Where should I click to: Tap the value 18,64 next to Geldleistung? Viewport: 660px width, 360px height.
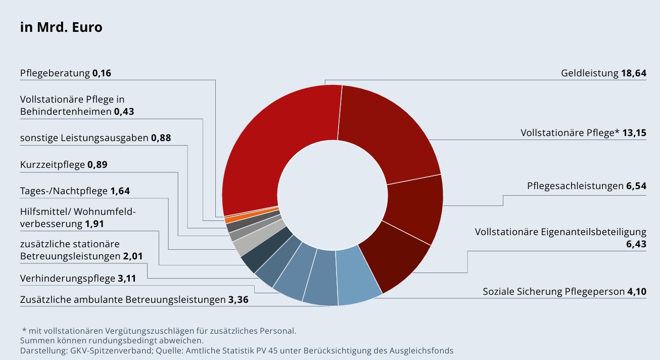634,73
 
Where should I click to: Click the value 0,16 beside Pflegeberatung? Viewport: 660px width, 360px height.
102,73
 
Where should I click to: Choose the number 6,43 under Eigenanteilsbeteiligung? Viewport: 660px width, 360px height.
636,244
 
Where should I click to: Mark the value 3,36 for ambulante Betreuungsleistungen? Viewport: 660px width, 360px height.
238,300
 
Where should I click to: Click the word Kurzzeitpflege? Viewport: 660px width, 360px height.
53,164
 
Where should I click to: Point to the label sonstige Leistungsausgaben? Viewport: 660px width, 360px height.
84,138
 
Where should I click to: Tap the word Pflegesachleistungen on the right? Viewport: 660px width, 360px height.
575,186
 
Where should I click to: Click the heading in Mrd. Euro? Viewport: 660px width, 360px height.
61,27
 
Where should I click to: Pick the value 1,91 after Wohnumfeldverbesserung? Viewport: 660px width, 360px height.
95,223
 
